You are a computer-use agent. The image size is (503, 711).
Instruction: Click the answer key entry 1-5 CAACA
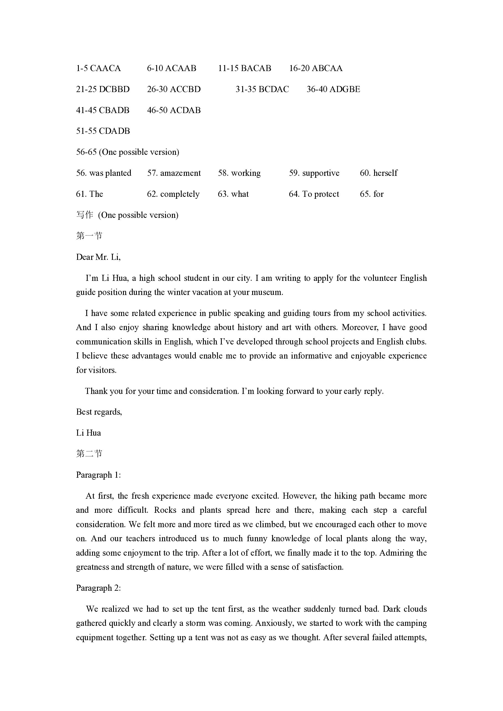pyautogui.click(x=98, y=68)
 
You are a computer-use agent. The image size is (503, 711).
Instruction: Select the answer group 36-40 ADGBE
pyautogui.click(x=333, y=89)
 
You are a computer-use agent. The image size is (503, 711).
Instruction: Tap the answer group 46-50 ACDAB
pyautogui.click(x=174, y=110)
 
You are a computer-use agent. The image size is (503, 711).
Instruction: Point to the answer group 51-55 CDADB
pyautogui.click(x=103, y=131)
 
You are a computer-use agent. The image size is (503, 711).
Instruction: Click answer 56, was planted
pyautogui.click(x=104, y=173)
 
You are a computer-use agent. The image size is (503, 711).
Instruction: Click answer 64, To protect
pyautogui.click(x=314, y=194)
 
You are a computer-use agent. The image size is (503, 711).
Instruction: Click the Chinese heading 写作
pyautogui.click(x=85, y=215)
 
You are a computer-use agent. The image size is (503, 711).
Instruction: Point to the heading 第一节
pyautogui.click(x=89, y=236)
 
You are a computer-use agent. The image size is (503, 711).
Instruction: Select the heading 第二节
pyautogui.click(x=89, y=454)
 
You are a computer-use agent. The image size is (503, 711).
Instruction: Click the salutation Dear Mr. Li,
pyautogui.click(x=98, y=257)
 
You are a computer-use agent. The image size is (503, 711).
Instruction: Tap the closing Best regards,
pyautogui.click(x=99, y=412)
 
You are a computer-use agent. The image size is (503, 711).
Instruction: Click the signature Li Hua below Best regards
pyautogui.click(x=88, y=433)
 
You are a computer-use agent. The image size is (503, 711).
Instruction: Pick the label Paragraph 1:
pyautogui.click(x=98, y=475)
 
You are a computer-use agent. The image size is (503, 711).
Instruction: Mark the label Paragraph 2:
pyautogui.click(x=98, y=588)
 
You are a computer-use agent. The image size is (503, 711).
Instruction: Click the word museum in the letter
pyautogui.click(x=269, y=292)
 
